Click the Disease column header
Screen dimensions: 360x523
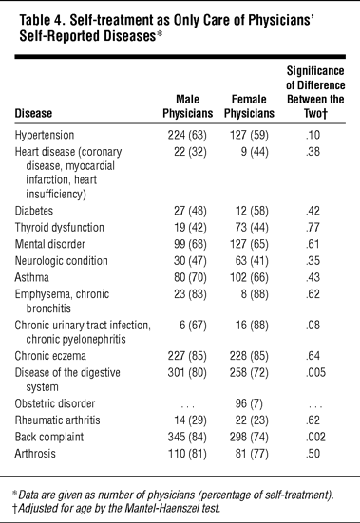point(33,113)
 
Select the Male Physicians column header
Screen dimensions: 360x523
point(188,106)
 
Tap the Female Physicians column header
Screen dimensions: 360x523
point(249,106)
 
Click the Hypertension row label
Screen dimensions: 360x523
point(45,135)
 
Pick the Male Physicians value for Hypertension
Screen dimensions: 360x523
point(187,135)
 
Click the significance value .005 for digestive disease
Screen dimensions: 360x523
point(315,373)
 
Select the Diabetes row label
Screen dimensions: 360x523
point(34,211)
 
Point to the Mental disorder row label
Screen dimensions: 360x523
point(50,244)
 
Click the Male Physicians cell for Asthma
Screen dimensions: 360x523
point(190,277)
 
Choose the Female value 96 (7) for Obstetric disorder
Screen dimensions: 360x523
point(249,403)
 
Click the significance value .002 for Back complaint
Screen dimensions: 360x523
point(315,437)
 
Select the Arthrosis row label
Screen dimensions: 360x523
point(35,454)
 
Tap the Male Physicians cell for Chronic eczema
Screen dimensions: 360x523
point(187,356)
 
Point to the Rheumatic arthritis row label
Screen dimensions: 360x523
point(57,420)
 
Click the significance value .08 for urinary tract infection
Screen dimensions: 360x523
point(313,326)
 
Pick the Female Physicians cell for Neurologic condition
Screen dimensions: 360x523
point(252,261)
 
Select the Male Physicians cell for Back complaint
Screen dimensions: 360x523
point(187,437)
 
